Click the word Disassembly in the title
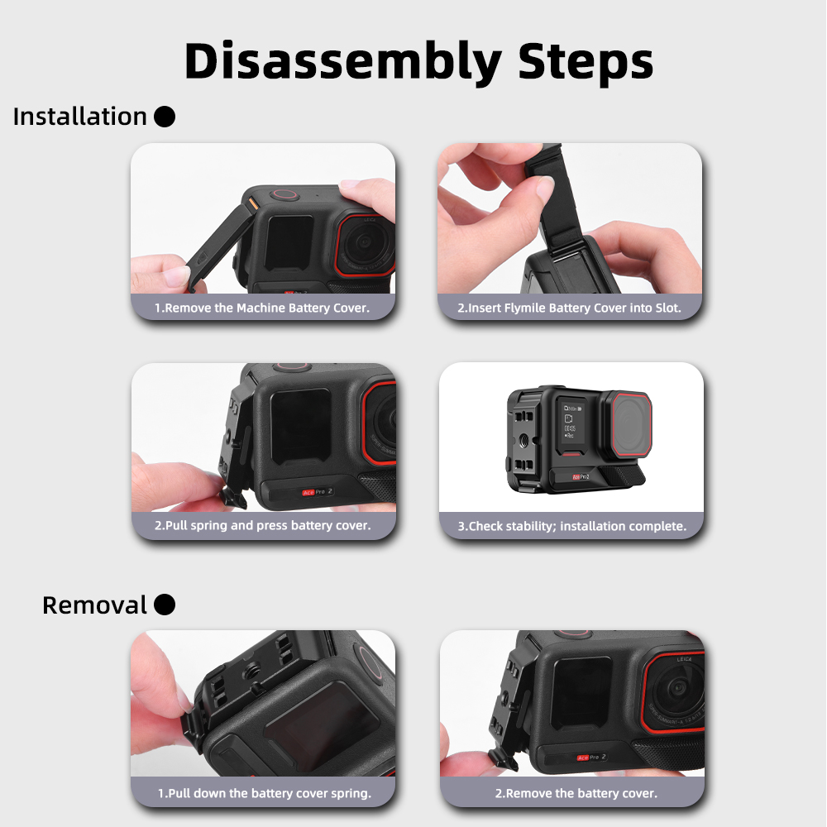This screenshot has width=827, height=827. click(x=343, y=62)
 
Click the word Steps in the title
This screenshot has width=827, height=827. click(x=586, y=62)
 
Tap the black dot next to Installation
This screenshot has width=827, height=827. click(x=165, y=117)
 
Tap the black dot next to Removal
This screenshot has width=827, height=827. click(x=165, y=605)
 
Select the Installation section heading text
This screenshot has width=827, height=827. click(x=79, y=117)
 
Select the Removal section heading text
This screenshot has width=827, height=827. click(x=94, y=605)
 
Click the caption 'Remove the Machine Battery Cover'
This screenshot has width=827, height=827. click(x=262, y=308)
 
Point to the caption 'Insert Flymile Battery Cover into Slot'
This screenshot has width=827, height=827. click(x=569, y=308)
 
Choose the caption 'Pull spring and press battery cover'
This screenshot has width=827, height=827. click(x=263, y=525)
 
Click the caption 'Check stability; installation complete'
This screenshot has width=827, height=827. click(x=571, y=526)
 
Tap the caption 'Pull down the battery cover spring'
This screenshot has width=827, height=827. click(x=265, y=793)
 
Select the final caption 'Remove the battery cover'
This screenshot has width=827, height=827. click(x=576, y=793)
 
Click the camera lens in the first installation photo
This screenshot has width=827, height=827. click(x=365, y=244)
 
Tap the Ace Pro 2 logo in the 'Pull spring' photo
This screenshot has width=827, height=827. click(x=318, y=491)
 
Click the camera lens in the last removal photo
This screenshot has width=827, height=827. click(x=676, y=691)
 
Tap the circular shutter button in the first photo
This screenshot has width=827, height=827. click(x=285, y=194)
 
